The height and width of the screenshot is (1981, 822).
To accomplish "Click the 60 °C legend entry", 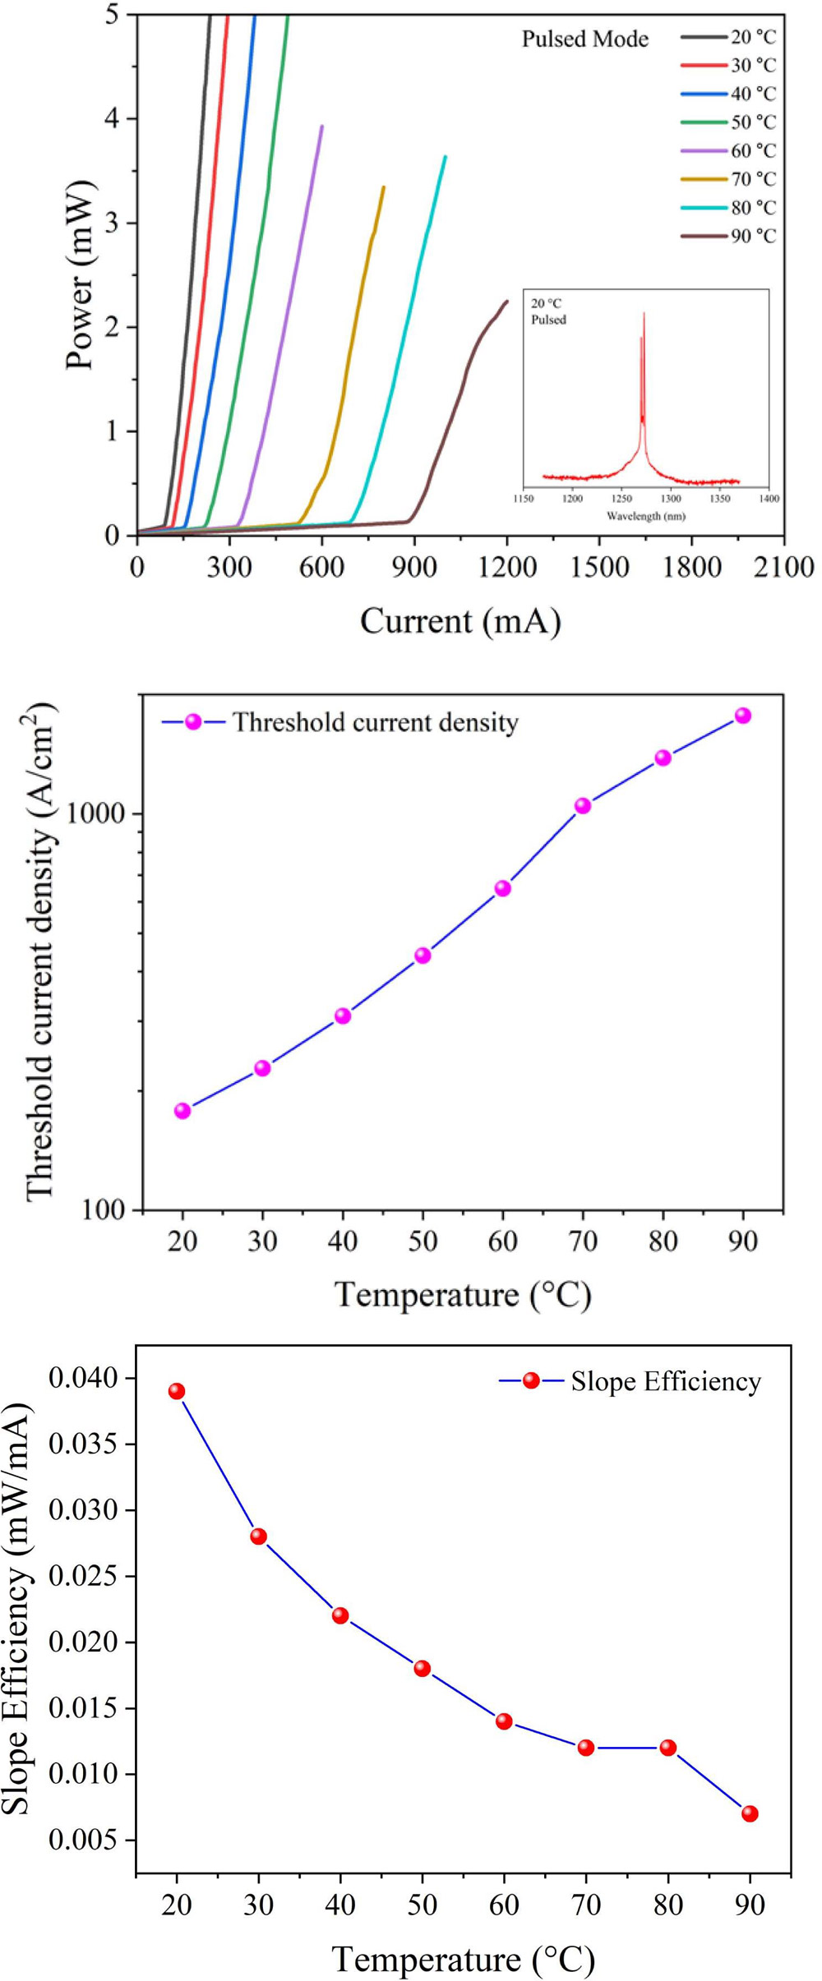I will point(753,151).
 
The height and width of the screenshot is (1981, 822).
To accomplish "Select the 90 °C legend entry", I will point(753,237).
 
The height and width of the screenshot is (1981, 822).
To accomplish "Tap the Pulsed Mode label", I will point(585,39).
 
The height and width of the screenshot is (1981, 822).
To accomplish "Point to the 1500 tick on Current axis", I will point(598,568).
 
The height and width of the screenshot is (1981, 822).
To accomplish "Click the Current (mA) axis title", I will point(460,621).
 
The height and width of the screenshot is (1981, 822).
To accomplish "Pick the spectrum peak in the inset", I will point(644,313).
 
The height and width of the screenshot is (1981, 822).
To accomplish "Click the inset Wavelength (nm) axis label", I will point(645,516).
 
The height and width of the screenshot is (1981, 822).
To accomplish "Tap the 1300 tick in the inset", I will point(671,499).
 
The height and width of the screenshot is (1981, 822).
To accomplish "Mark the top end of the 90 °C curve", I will point(507,302).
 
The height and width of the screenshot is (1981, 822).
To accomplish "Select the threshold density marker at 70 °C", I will point(583,806).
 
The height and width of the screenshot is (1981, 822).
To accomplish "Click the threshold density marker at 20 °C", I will point(182,1111).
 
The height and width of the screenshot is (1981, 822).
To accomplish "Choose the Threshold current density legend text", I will point(376,722).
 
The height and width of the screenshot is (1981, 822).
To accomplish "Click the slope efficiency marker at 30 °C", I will point(259,1536).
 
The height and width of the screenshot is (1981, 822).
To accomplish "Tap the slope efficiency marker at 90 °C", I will point(750,1813).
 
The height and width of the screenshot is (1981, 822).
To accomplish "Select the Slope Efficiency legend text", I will point(666,1381).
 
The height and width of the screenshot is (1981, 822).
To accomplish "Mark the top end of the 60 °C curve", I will point(322,127).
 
